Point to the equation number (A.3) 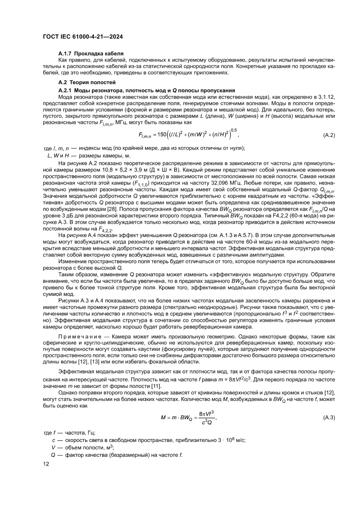click(329, 430)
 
